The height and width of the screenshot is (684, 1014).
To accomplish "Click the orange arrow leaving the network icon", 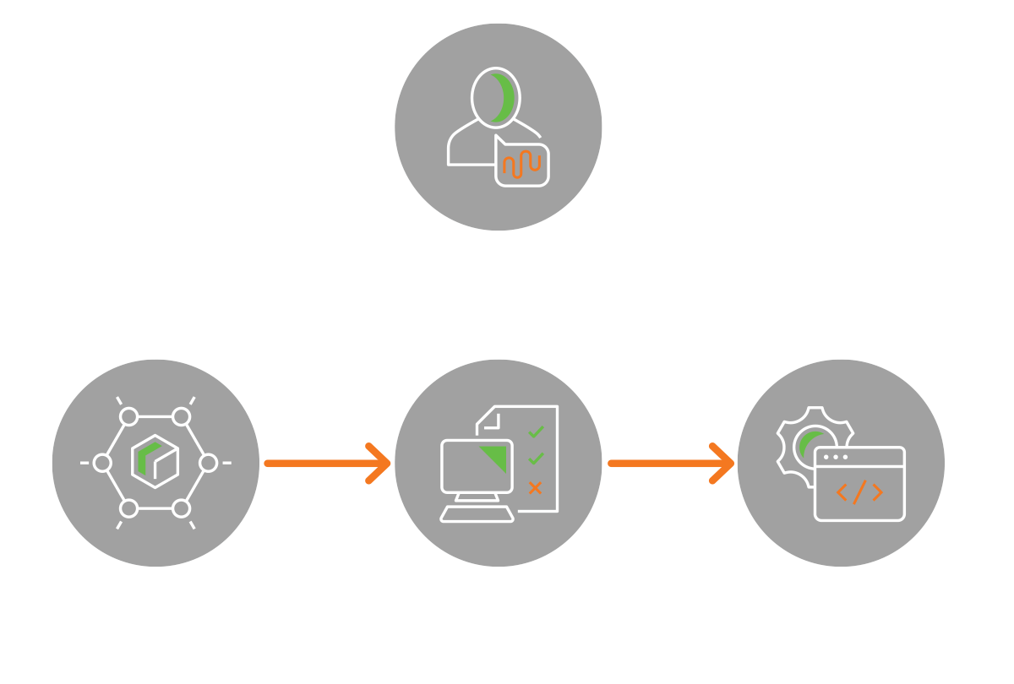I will click(x=325, y=463).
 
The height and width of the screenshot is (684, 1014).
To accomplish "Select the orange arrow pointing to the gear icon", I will click(x=669, y=463).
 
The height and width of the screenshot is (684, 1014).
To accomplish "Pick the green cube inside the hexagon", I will click(x=155, y=461).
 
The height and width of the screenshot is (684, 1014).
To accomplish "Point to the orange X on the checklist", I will click(x=535, y=488).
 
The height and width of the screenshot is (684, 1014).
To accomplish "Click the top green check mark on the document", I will click(x=536, y=432).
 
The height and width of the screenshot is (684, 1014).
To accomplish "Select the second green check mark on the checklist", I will click(x=536, y=459).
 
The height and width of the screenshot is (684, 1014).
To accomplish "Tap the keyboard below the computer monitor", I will click(x=477, y=513).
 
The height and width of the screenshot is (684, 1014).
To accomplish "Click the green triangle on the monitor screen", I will click(x=495, y=458).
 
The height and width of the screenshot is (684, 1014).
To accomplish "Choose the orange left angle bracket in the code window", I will click(x=842, y=492).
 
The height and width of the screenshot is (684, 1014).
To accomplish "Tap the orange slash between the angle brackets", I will click(x=859, y=492).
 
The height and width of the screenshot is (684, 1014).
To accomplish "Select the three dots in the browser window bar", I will click(x=835, y=458).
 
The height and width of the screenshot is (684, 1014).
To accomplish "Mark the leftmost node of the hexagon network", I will click(x=102, y=463).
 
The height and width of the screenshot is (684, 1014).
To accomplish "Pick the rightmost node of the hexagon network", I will click(x=208, y=463).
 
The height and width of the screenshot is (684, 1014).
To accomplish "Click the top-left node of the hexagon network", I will click(x=129, y=416).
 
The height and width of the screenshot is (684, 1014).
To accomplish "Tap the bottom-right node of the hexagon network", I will click(x=181, y=508).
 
